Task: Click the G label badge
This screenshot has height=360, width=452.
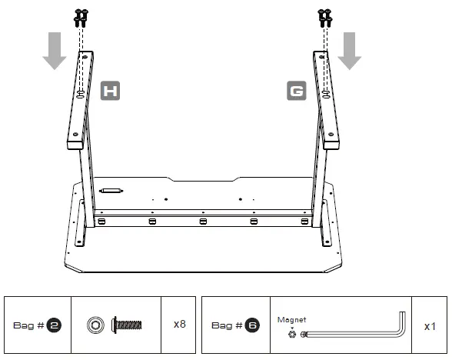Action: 295,92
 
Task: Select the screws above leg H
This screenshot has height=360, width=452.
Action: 80,17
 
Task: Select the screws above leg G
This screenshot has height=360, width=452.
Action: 325,17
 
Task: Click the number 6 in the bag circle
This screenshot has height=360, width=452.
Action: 252,325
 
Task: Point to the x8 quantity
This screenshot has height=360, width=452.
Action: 179,324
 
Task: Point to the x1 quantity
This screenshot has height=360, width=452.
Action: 430,325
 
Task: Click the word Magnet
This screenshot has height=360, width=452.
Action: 293,320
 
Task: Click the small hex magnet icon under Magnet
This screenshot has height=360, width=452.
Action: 292,334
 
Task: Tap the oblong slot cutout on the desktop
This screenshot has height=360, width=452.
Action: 111,191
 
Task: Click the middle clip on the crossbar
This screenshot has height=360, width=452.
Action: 202,222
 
